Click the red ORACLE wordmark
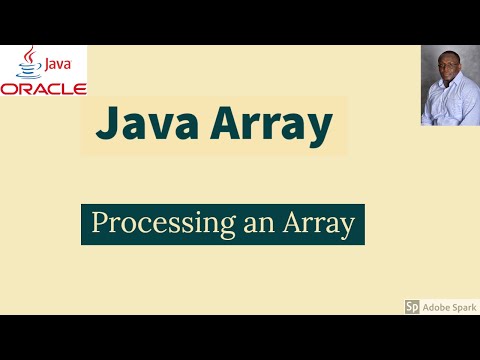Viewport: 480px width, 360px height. coord(43,88)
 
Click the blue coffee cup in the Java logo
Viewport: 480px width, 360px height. coord(30,69)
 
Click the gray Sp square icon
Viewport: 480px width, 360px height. coord(412,307)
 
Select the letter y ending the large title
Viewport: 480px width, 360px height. coord(320,131)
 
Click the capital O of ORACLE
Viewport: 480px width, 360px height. coord(9,88)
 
